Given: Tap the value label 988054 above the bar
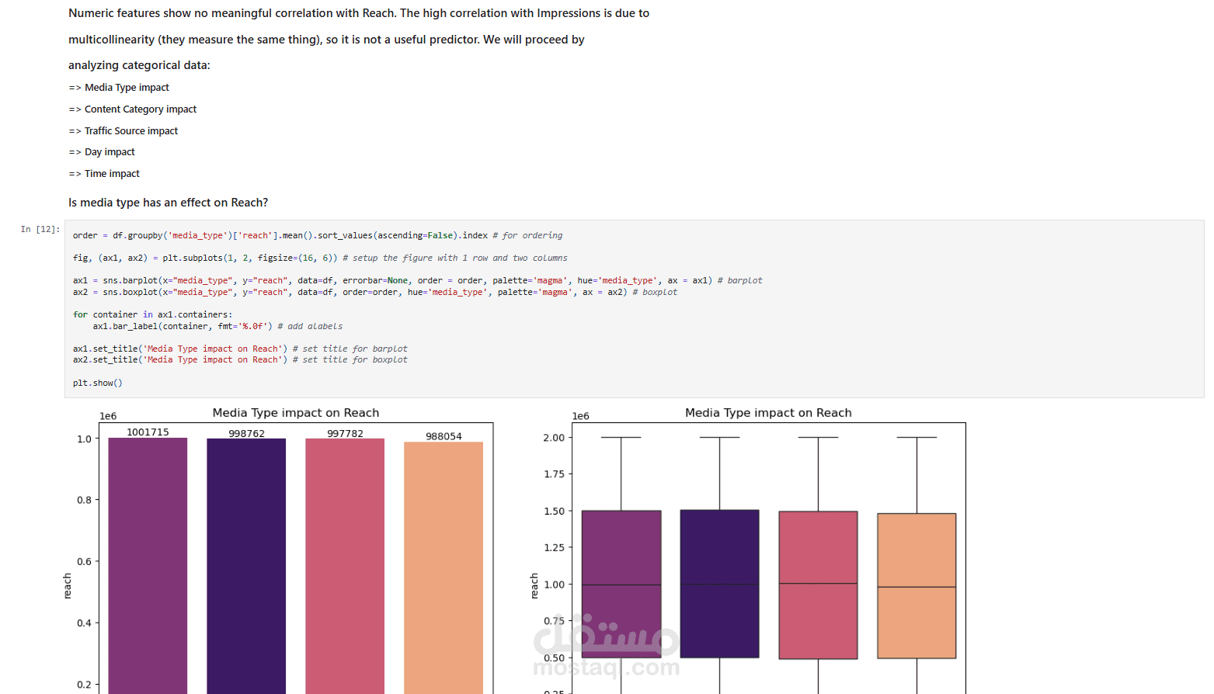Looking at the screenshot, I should [x=444, y=436].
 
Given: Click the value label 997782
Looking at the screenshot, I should [x=345, y=433].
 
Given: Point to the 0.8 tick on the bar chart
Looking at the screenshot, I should [x=84, y=500].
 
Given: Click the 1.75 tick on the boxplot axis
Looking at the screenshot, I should [x=554, y=474].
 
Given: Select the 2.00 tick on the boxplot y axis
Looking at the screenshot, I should [x=554, y=438].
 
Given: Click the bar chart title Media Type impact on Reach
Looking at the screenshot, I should [x=295, y=413].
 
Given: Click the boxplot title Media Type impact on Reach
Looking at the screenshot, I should [x=767, y=413].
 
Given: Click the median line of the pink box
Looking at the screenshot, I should [x=818, y=584].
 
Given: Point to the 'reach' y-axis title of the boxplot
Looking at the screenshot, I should [x=534, y=585].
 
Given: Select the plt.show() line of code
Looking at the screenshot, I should [x=98, y=383].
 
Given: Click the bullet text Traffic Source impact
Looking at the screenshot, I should [x=130, y=131].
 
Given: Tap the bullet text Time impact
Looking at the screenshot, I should [x=112, y=174].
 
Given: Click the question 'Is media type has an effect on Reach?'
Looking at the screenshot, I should [x=168, y=203].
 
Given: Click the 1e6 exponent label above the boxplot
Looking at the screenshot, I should [x=580, y=416].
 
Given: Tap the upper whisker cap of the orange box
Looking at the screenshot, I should [x=917, y=437].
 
